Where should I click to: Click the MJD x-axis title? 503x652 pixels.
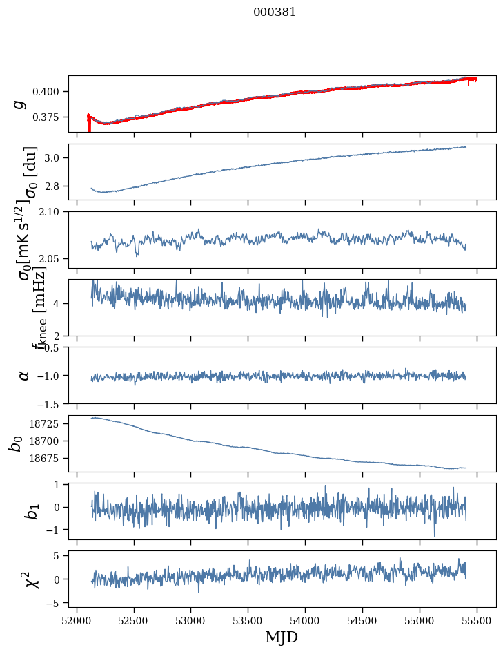point(282,637)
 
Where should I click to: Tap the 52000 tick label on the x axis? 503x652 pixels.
point(77,620)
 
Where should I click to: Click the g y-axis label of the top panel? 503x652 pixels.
point(21,104)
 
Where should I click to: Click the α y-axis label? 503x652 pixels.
point(24,375)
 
